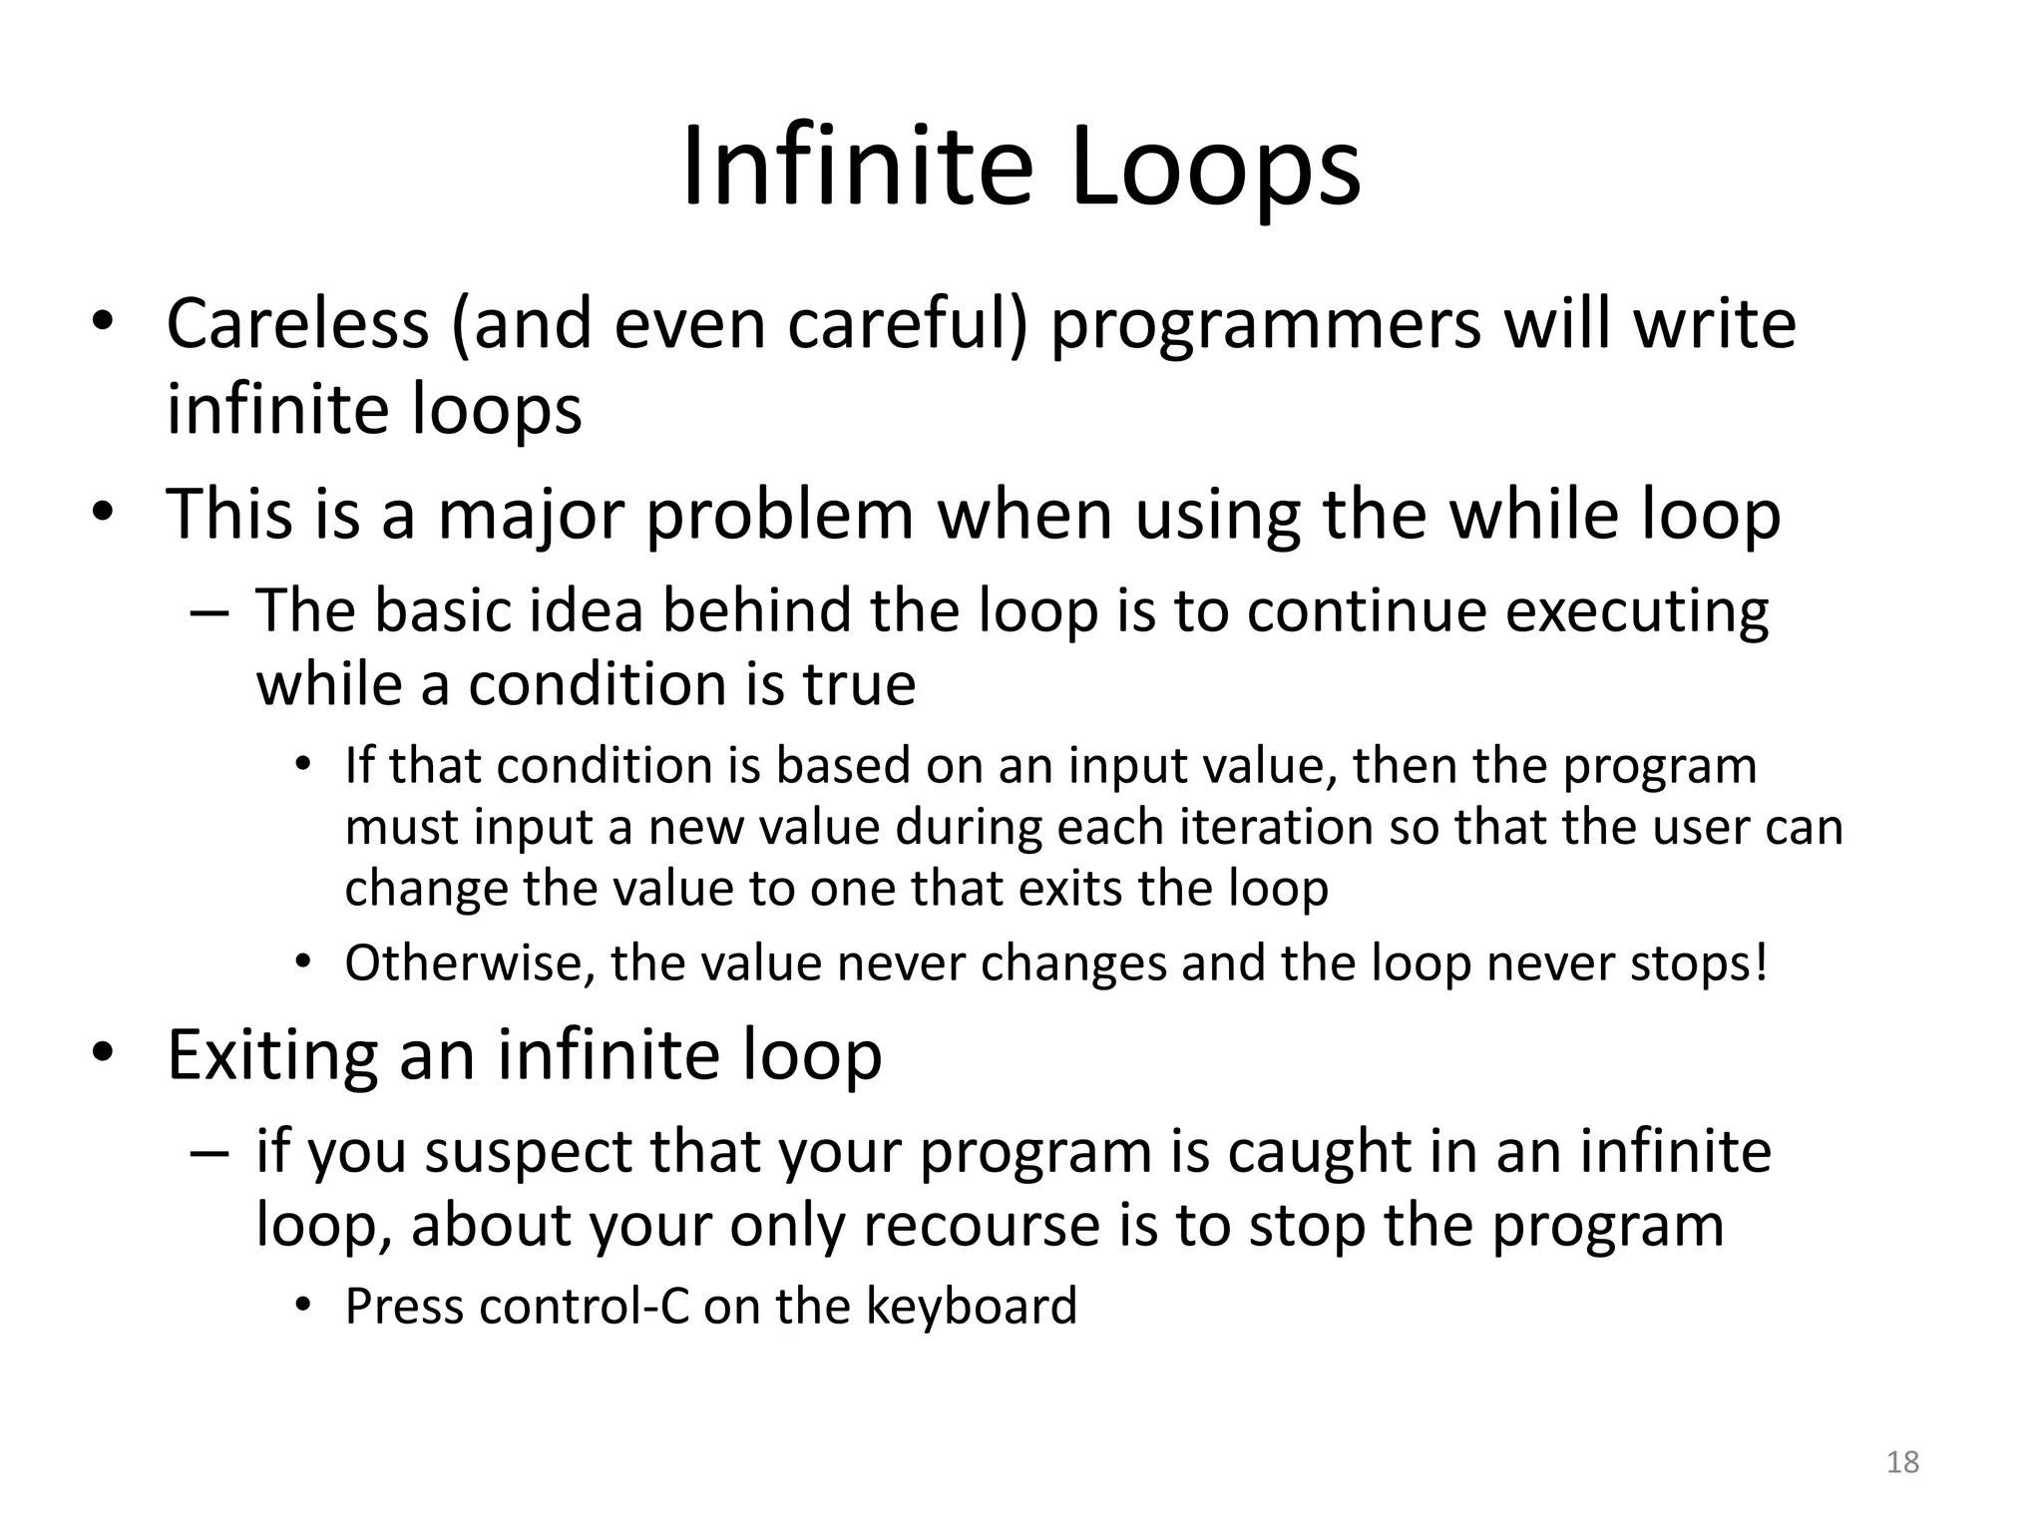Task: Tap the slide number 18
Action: click(1903, 1462)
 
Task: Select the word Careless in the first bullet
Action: click(297, 324)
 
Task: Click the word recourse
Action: click(981, 1227)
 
